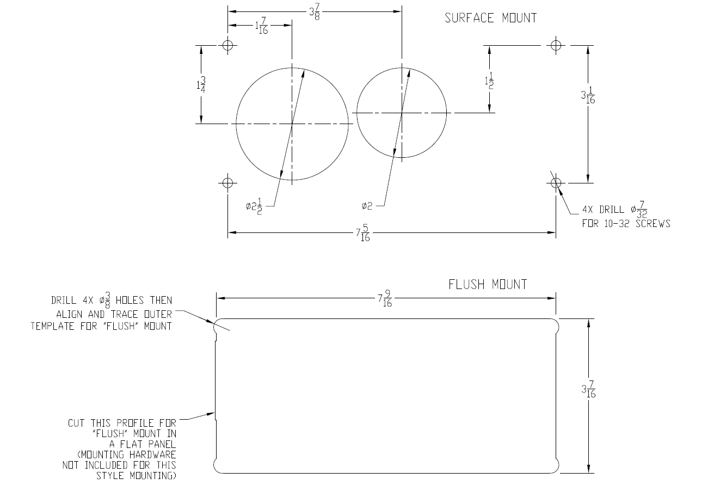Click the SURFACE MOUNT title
coord(490,18)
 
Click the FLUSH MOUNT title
coord(488,284)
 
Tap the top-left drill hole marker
coord(228,45)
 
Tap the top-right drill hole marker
coord(555,45)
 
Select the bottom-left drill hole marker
coord(228,182)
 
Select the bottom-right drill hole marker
coord(555,182)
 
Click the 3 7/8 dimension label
coord(314,12)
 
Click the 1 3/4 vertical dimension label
coord(201,84)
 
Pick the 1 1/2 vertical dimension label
coord(489,81)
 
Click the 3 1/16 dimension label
coord(588,96)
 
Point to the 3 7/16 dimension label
coord(588,390)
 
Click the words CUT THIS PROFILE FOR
coord(122,422)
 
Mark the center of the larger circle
coord(292,124)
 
